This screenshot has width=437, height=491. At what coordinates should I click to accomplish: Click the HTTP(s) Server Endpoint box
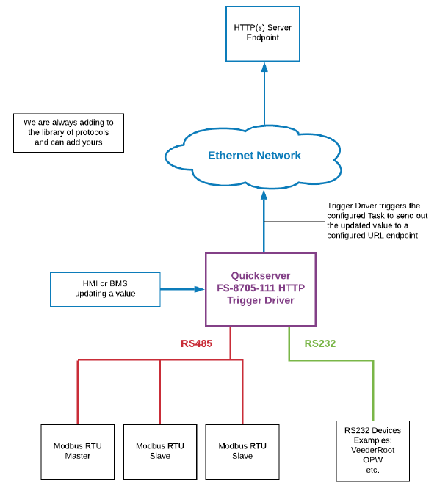[262, 32]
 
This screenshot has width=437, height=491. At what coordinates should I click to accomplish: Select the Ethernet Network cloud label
[254, 156]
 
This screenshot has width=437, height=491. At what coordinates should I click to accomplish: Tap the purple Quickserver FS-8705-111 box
[261, 288]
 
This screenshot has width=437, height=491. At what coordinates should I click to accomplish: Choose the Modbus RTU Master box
[76, 451]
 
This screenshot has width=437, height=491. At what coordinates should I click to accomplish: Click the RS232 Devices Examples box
[373, 449]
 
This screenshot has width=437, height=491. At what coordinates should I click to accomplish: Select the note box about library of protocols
[68, 132]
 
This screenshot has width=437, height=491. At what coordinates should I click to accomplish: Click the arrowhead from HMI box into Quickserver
[200, 289]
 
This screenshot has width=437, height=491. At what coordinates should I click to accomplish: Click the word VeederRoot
[373, 449]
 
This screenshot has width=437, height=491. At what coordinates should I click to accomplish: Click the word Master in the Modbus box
[76, 456]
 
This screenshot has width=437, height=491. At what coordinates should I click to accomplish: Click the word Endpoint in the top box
[262, 37]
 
